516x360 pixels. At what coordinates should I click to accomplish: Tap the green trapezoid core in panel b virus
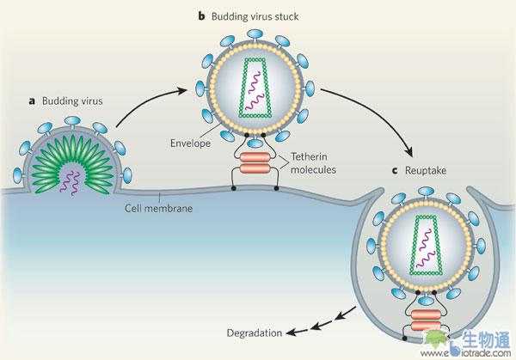(x=255, y=89)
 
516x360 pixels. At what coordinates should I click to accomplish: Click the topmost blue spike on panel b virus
(x=255, y=33)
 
